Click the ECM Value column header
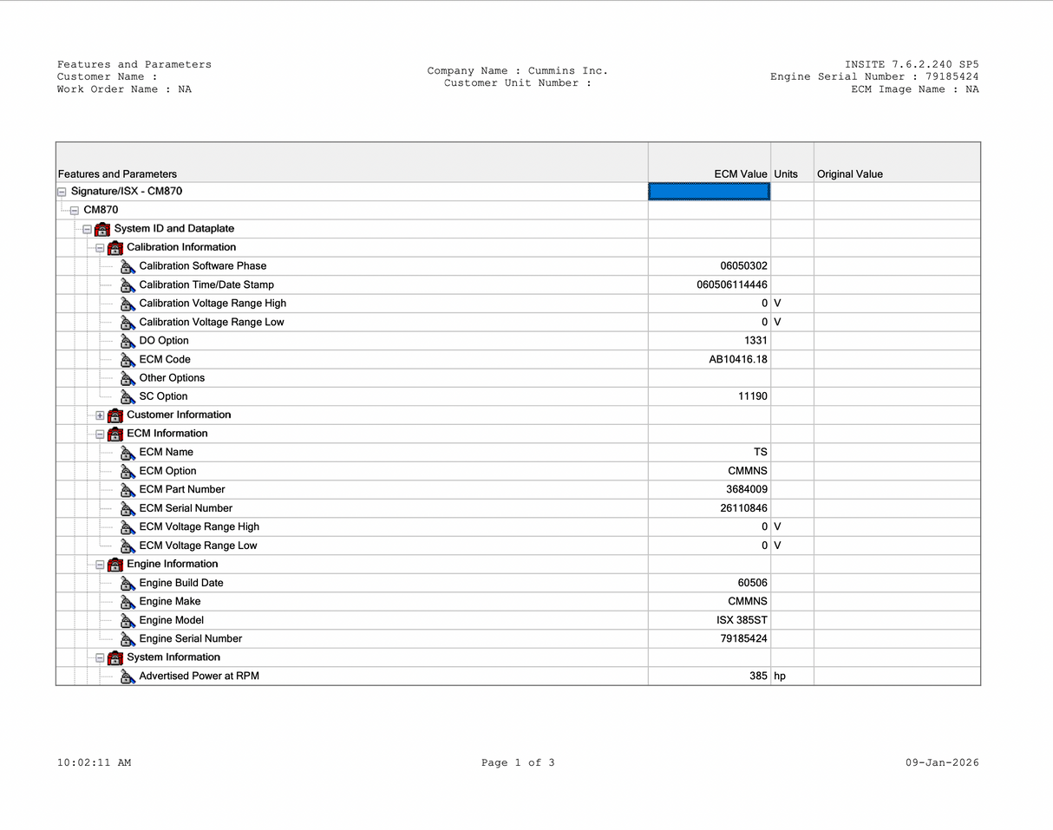point(740,174)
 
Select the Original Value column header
point(849,174)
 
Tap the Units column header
point(786,174)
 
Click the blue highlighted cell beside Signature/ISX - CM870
point(709,192)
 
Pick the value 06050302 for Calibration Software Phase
point(743,266)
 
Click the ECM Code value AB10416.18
point(738,359)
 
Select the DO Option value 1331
point(755,341)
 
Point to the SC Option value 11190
point(753,396)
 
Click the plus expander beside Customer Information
point(100,415)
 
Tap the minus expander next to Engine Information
point(100,565)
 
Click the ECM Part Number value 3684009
point(747,489)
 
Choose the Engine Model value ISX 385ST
point(736,620)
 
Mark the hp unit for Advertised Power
point(780,676)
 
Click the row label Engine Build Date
point(180,583)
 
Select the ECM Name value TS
point(760,452)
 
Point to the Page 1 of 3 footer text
point(518,763)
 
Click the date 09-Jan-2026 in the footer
point(942,763)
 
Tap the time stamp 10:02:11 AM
point(94,763)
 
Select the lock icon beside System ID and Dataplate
point(102,229)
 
